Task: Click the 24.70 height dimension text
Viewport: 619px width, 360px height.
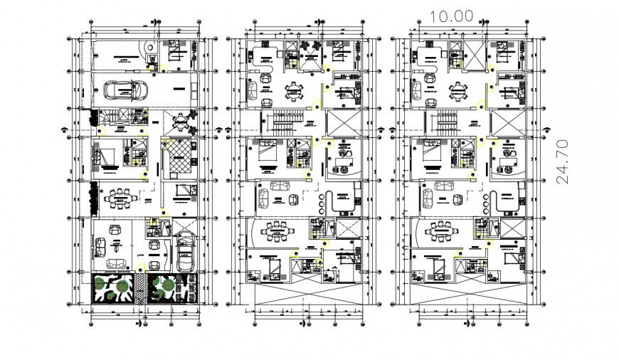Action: pos(563,162)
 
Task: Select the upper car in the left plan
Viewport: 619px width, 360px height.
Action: pos(125,90)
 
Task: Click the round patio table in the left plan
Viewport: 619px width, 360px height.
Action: pos(184,122)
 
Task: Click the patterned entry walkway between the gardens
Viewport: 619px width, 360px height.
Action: pos(146,289)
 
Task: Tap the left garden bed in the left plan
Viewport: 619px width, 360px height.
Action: pos(113,288)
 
